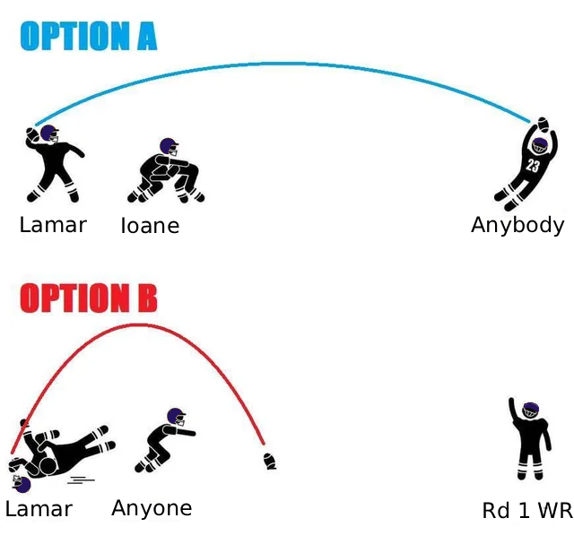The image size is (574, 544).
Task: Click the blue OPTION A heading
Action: click(89, 36)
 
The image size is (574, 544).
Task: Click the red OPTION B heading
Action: click(89, 298)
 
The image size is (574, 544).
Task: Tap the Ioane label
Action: click(150, 225)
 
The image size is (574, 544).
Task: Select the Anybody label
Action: click(517, 225)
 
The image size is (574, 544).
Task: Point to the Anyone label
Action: click(152, 508)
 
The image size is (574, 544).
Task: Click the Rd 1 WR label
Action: click(527, 510)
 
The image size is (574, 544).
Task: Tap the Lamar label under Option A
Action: click(53, 225)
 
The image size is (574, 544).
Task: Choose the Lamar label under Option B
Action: click(39, 509)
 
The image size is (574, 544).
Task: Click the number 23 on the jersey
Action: click(533, 166)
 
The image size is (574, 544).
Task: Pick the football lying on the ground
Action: click(270, 462)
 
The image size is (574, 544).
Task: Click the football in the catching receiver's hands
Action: click(543, 125)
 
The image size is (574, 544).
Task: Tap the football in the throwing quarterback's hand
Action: click(32, 134)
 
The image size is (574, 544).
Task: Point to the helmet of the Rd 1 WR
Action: click(531, 410)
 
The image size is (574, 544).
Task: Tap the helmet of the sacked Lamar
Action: click(22, 484)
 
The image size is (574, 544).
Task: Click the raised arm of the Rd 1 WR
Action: click(513, 410)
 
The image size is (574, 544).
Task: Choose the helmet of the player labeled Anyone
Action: click(177, 417)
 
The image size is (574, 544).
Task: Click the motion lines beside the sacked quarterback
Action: click(81, 479)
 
